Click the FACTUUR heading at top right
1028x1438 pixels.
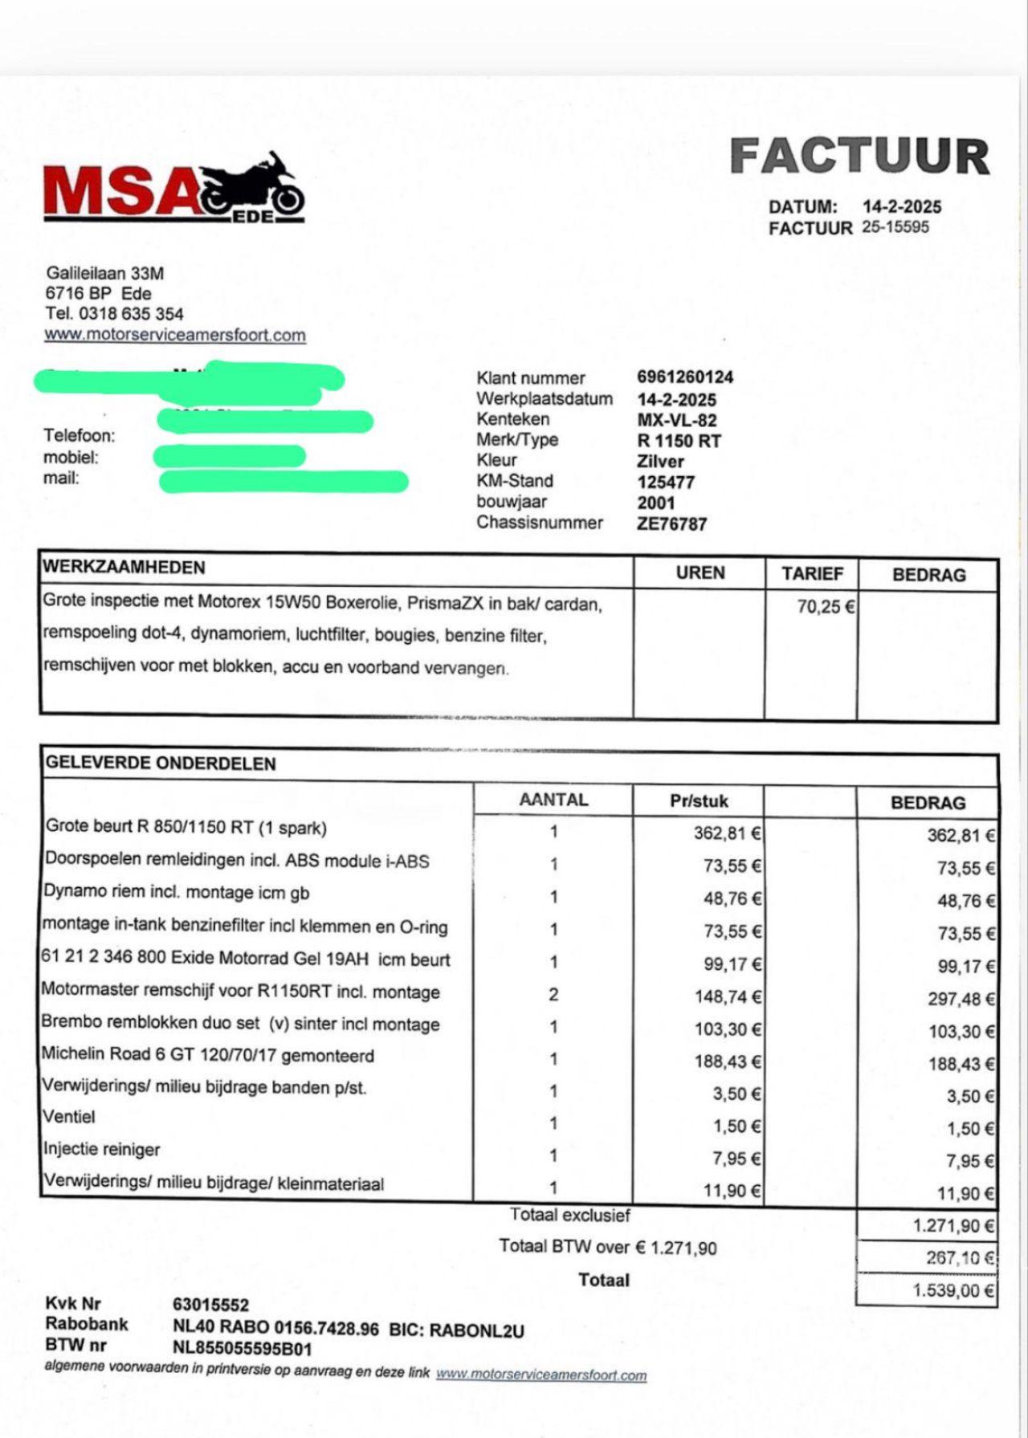(x=859, y=157)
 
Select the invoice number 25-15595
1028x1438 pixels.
(x=895, y=227)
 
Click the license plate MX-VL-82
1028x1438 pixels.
(x=677, y=420)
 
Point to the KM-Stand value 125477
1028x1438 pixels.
(x=666, y=483)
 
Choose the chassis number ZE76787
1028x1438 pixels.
(x=671, y=524)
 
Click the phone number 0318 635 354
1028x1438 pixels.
(x=133, y=314)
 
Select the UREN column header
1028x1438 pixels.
(x=700, y=573)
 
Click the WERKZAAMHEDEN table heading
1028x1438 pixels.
(x=124, y=568)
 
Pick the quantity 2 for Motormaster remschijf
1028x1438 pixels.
(x=553, y=995)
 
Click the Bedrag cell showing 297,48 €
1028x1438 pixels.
(x=961, y=999)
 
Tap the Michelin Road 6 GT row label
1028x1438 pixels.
(x=207, y=1055)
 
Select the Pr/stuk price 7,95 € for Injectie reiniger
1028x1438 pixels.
(x=736, y=1159)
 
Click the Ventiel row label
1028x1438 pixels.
(x=69, y=1117)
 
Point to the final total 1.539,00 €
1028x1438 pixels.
(x=953, y=1290)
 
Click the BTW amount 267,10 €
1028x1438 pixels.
(x=960, y=1258)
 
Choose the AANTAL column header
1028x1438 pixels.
(x=553, y=800)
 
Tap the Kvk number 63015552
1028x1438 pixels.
(x=210, y=1306)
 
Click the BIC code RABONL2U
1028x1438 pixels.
(x=478, y=1330)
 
